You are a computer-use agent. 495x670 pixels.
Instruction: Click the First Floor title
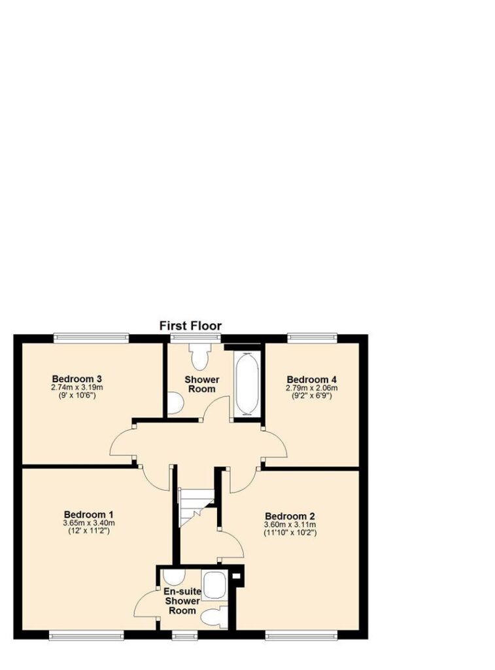(x=190, y=326)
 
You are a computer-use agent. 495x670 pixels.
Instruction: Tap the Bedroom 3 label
(x=77, y=379)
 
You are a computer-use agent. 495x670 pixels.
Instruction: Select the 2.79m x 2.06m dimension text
(x=311, y=388)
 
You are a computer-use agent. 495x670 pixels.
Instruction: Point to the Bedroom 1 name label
(x=88, y=514)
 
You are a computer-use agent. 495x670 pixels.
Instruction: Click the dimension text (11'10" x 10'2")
(x=290, y=533)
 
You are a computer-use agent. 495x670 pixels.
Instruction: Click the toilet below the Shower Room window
(x=200, y=357)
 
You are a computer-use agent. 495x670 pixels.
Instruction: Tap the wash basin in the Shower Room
(x=175, y=404)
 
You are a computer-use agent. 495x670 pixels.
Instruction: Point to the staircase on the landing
(x=196, y=507)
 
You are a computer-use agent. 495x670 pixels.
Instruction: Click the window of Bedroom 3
(x=91, y=338)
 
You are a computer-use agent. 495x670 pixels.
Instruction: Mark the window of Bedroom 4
(x=312, y=338)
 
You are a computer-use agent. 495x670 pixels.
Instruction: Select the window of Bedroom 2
(x=301, y=636)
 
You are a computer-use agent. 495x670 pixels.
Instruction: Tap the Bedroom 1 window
(x=87, y=636)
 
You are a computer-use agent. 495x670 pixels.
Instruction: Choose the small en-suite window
(x=185, y=636)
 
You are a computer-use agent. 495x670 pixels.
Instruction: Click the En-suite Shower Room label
(x=182, y=601)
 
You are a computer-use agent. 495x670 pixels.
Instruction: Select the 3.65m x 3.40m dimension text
(x=89, y=523)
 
